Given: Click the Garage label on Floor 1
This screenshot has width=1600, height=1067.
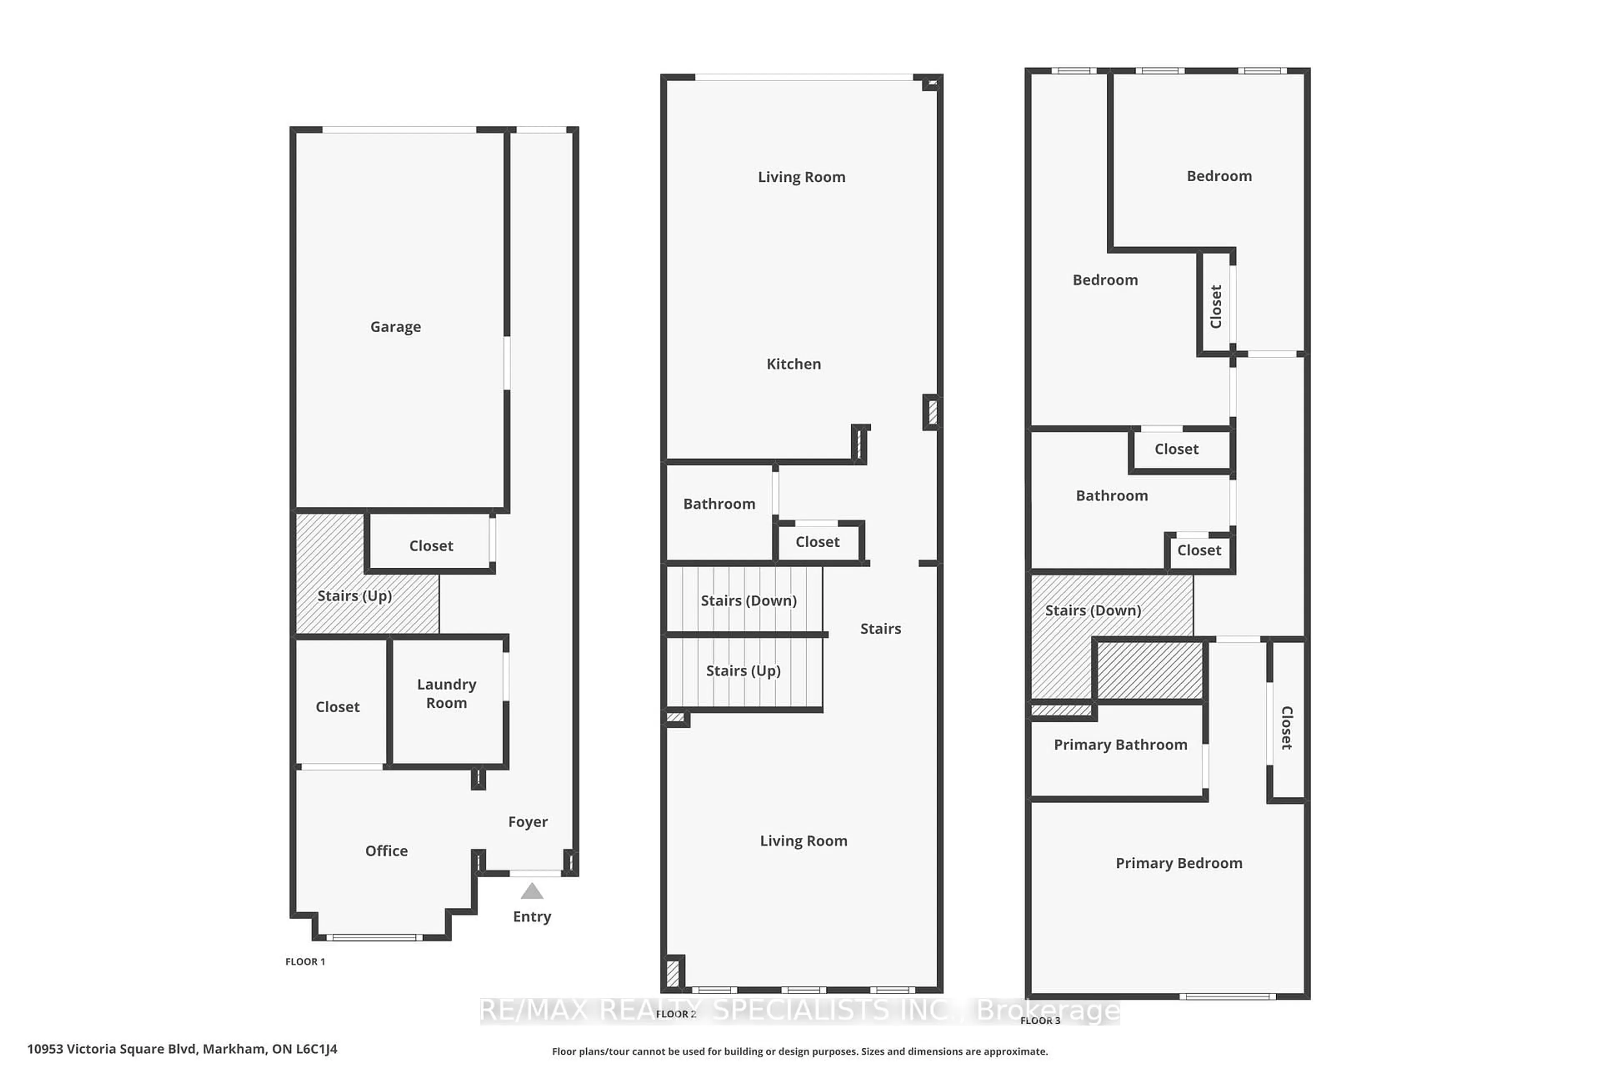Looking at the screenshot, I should point(395,327).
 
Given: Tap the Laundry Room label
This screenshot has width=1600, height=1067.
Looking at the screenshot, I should point(446,694).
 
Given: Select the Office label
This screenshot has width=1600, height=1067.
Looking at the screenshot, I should point(386,851).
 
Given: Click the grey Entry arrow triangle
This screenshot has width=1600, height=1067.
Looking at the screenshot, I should point(532,892).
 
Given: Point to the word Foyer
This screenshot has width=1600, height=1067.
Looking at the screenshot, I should point(528,822).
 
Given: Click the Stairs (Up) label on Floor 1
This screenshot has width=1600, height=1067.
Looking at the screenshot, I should point(355,596).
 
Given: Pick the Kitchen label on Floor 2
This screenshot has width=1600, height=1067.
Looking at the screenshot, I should point(794,364).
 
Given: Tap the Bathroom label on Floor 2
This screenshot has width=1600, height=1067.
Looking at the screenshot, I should point(719,503).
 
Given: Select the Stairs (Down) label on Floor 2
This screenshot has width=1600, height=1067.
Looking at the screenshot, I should point(748,600).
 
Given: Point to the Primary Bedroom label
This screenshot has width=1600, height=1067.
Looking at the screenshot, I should point(1179,863).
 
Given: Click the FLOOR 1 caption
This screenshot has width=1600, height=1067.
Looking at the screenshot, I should point(305,962).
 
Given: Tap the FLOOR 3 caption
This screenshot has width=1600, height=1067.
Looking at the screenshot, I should point(1040,1020).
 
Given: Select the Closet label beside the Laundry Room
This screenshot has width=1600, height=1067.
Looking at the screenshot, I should point(337,707).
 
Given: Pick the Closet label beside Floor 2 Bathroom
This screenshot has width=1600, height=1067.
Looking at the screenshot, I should point(817,542).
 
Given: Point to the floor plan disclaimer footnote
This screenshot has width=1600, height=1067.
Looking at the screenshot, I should point(799,1051).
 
